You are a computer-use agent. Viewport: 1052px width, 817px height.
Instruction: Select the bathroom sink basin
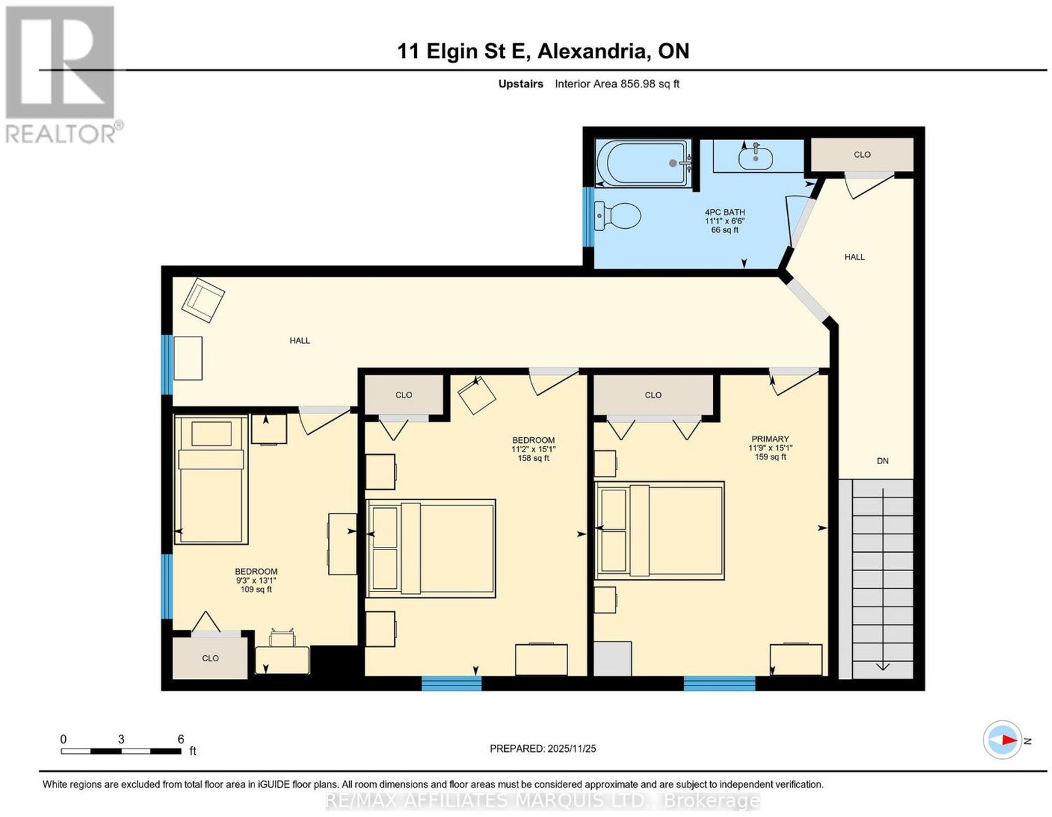(x=755, y=158)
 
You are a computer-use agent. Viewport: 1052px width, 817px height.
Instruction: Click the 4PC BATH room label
(x=725, y=212)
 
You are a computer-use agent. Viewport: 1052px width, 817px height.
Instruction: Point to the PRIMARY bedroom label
(x=769, y=439)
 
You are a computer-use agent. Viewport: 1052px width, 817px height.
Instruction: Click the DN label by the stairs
(x=882, y=461)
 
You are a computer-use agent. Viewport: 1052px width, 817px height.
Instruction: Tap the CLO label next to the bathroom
(x=862, y=155)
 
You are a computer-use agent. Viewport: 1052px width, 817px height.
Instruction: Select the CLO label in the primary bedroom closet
(x=653, y=395)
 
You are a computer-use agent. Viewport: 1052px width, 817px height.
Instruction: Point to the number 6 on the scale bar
(x=181, y=739)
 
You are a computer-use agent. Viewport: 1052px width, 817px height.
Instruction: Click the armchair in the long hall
(x=203, y=300)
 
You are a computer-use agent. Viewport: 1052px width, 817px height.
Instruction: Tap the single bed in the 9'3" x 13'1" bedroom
(x=211, y=480)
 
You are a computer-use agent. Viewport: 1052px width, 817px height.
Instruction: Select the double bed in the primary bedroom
(x=659, y=530)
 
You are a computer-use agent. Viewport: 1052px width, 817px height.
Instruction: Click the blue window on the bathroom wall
(x=588, y=217)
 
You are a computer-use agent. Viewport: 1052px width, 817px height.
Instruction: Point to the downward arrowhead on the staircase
(x=883, y=667)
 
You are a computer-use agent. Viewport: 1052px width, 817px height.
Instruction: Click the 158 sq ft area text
(x=533, y=457)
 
